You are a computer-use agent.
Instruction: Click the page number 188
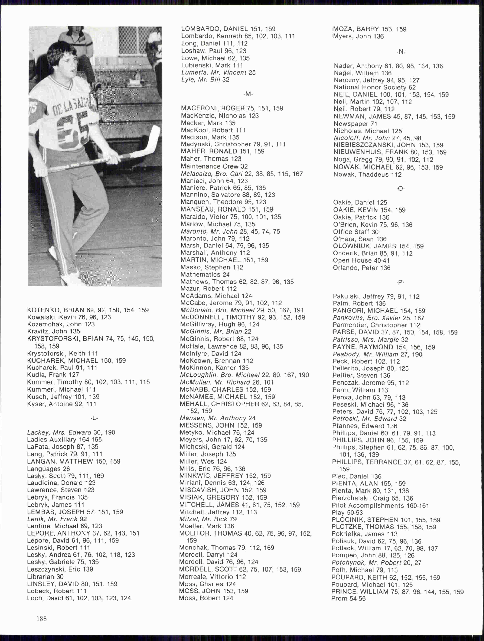pos(42,619)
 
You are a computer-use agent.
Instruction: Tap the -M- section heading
pos(248,94)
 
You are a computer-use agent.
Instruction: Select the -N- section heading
pos(401,52)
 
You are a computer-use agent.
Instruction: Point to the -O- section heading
pos(400,189)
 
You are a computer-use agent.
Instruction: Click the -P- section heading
pos(400,282)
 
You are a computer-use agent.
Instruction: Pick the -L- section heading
pos(94,418)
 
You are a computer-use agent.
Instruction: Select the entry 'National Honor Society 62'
pos(375,87)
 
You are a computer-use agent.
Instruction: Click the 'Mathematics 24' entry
pos(205,274)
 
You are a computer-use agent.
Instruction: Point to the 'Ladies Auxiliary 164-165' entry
pos(64,440)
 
